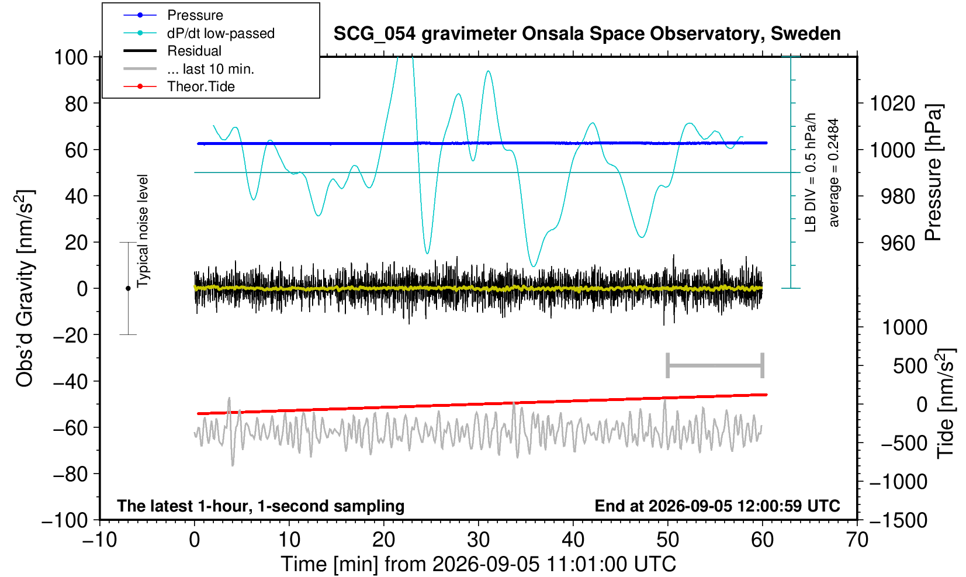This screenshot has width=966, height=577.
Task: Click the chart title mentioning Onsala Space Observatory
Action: point(587,34)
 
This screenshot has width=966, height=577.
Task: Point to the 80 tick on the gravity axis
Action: point(77,103)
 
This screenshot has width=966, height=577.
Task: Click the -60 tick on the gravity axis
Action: point(71,428)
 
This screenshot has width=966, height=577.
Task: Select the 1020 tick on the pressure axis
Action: point(892,103)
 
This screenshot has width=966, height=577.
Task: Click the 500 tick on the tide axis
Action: point(910,367)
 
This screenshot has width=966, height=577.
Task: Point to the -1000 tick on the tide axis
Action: point(898,482)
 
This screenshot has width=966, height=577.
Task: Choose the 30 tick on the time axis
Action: point(478,540)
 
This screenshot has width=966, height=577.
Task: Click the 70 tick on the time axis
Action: point(857,540)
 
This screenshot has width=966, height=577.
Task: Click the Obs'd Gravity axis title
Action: point(24,289)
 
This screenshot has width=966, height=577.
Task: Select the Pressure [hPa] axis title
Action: point(933,172)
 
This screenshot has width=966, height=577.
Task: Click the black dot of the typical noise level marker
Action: point(128,288)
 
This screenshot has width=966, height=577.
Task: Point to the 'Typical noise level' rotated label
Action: point(143,231)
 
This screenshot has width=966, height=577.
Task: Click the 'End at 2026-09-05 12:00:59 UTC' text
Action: point(717,506)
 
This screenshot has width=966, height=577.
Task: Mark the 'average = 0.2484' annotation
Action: point(834,172)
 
